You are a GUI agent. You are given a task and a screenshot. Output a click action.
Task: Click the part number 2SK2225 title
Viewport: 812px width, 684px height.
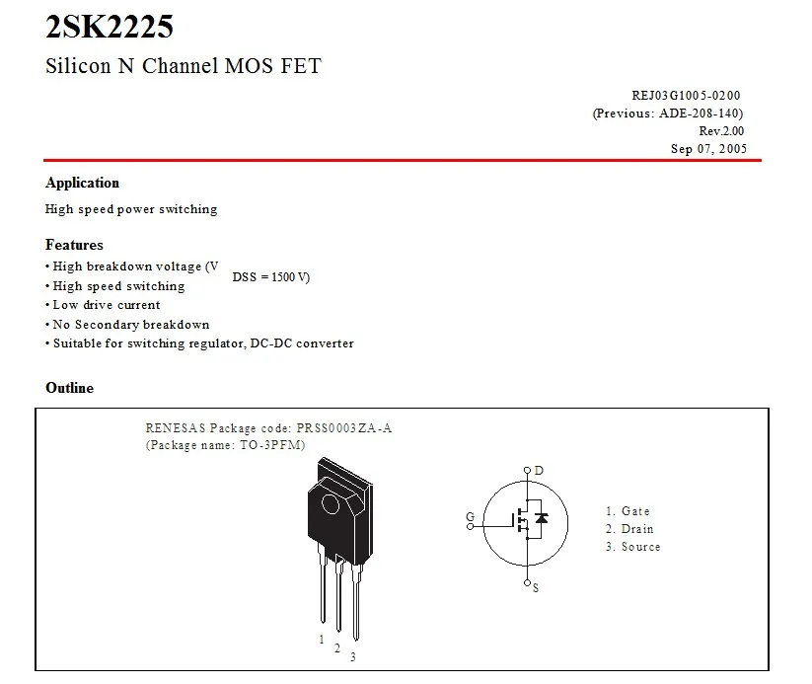[x=110, y=28]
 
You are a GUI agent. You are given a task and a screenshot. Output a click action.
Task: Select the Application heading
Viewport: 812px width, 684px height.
[x=82, y=183]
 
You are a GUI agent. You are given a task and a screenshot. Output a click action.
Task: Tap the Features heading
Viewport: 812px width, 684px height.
[x=74, y=245]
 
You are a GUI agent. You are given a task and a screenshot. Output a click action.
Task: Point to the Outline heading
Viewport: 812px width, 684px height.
[x=69, y=388]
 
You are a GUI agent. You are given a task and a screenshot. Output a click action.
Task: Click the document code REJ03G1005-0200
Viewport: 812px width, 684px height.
[x=686, y=96]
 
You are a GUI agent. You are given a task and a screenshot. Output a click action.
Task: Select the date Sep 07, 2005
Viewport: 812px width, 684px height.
[x=708, y=149]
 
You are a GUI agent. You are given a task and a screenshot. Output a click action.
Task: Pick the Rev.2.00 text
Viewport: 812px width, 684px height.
[x=721, y=131]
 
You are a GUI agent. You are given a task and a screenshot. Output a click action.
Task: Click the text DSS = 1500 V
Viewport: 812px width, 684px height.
[x=270, y=277]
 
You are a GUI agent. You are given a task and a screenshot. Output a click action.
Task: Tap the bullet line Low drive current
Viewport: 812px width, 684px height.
[x=106, y=305]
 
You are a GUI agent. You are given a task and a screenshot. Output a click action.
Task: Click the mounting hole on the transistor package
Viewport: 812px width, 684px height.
[x=330, y=504]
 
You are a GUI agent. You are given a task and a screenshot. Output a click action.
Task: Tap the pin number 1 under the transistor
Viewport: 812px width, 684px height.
[x=322, y=640]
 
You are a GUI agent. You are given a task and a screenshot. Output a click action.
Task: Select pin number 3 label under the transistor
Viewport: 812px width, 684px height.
[x=352, y=657]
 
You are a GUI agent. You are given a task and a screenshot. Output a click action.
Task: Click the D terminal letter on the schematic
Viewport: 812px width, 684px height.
[x=539, y=471]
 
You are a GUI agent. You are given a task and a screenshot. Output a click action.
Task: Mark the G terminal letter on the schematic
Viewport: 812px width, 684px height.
[x=470, y=517]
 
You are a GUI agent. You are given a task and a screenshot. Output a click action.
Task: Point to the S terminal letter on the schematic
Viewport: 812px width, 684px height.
[x=536, y=588]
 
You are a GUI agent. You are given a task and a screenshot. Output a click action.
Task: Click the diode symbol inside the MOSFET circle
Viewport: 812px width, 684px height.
[x=541, y=518]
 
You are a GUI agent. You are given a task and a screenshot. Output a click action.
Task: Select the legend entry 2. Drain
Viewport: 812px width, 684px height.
[x=629, y=529]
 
